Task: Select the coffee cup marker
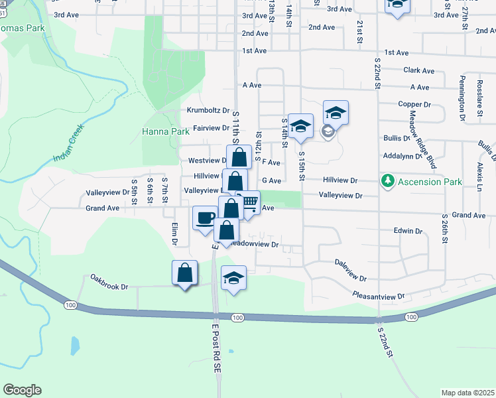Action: click(x=205, y=217)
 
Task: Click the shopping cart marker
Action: click(x=248, y=203)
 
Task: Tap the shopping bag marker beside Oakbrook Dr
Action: click(x=185, y=273)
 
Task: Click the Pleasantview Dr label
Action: click(x=378, y=296)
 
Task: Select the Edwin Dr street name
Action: click(x=408, y=231)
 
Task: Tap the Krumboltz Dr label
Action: click(x=208, y=111)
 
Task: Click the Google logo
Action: click(x=22, y=390)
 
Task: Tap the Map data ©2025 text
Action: click(x=467, y=393)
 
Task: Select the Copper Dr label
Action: click(x=414, y=104)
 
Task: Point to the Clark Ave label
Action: click(x=418, y=70)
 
